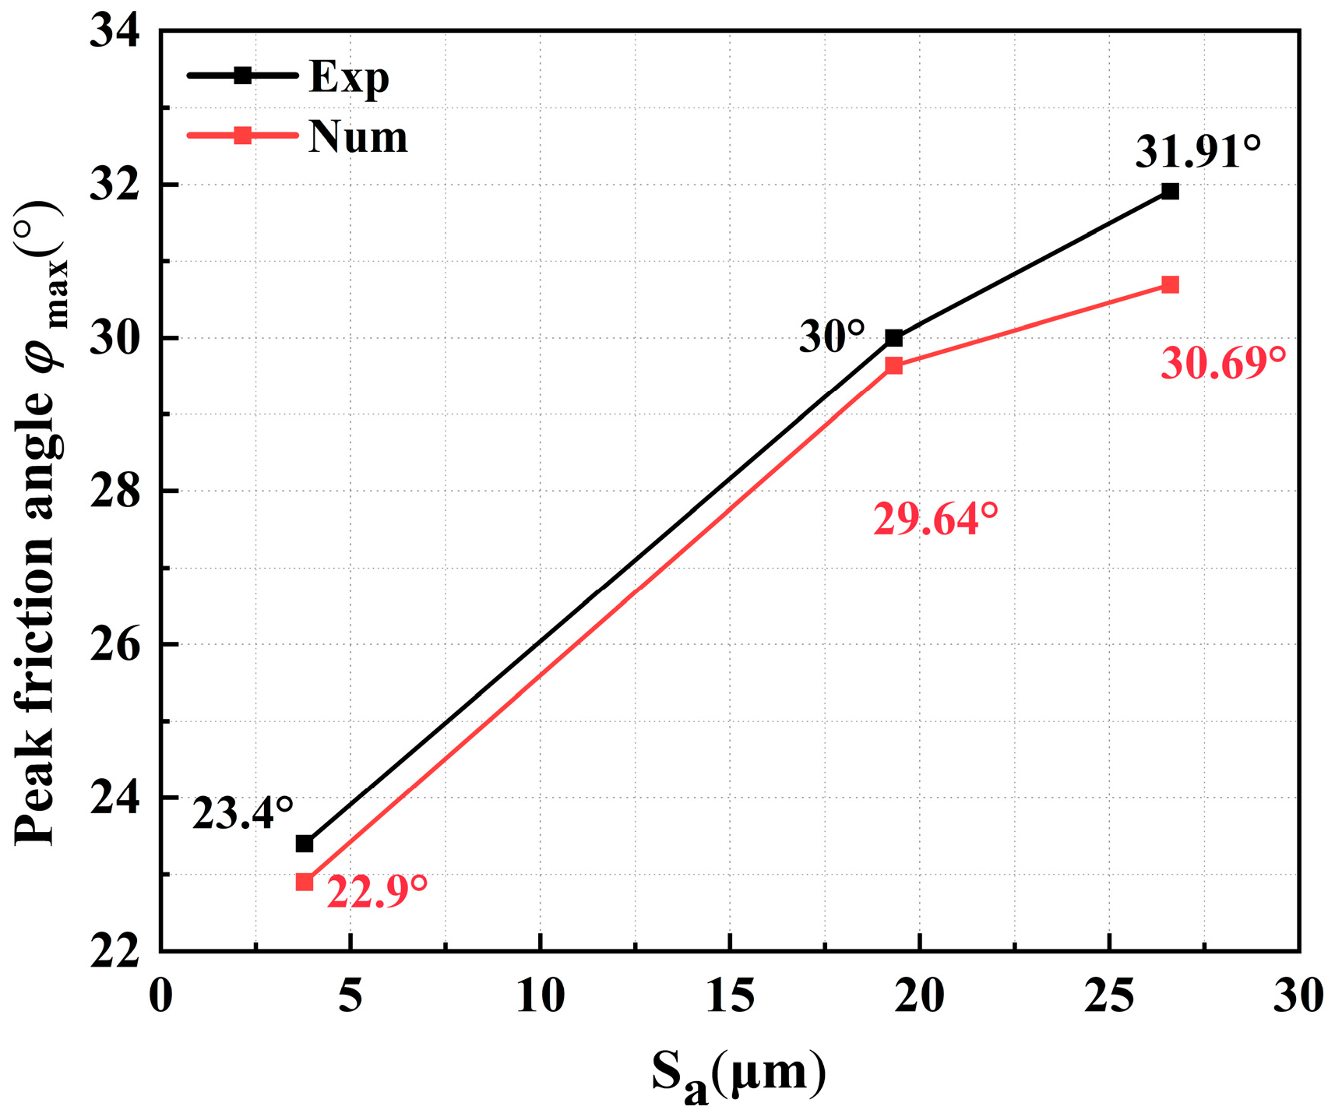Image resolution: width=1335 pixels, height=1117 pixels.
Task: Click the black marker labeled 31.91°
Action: [1169, 192]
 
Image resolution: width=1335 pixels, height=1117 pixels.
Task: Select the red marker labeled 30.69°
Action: [1169, 285]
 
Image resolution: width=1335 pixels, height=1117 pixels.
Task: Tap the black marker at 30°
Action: [893, 338]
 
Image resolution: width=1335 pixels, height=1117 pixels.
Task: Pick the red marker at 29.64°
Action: [893, 365]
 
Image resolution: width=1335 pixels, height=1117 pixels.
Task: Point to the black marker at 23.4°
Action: [305, 844]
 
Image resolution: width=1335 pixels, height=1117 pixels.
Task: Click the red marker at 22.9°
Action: [305, 882]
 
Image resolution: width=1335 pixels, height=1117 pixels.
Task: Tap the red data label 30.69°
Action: [1222, 363]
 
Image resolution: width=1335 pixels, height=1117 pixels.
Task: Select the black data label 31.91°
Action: [1197, 151]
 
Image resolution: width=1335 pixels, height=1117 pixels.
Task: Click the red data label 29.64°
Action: [935, 519]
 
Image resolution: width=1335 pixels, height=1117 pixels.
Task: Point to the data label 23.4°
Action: [242, 815]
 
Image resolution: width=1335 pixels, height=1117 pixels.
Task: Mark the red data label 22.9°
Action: [376, 892]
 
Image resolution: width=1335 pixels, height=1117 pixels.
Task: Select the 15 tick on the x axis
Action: [730, 995]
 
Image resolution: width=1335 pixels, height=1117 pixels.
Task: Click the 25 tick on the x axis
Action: [1109, 995]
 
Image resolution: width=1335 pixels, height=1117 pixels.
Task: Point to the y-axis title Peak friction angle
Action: [39, 522]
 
